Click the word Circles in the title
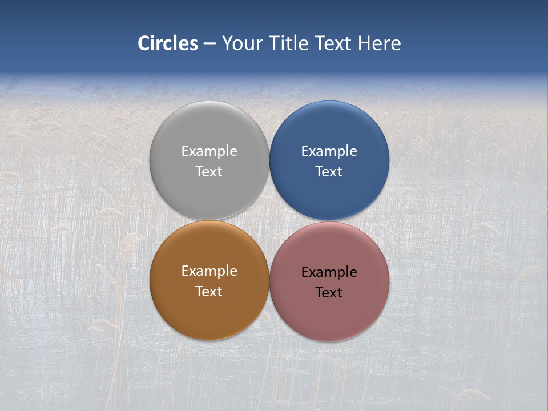coord(168,43)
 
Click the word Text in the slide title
coord(335,43)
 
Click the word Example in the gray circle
coord(209,151)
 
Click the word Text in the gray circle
coord(209,171)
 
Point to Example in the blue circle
coord(329,151)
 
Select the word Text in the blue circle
coord(329,171)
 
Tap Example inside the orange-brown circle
coord(209,271)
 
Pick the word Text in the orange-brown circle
coord(209,291)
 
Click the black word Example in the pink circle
coord(329,272)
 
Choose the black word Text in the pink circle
coord(329,292)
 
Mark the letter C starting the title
coord(144,43)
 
